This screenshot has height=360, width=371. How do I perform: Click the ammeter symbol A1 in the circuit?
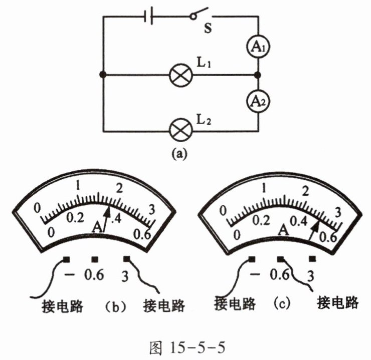[258, 48]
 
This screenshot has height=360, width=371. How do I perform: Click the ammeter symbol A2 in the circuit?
[258, 102]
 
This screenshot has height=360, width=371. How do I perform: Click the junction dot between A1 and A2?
[258, 76]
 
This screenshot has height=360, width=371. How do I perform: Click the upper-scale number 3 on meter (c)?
[337, 212]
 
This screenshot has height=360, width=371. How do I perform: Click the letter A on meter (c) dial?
[283, 230]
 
